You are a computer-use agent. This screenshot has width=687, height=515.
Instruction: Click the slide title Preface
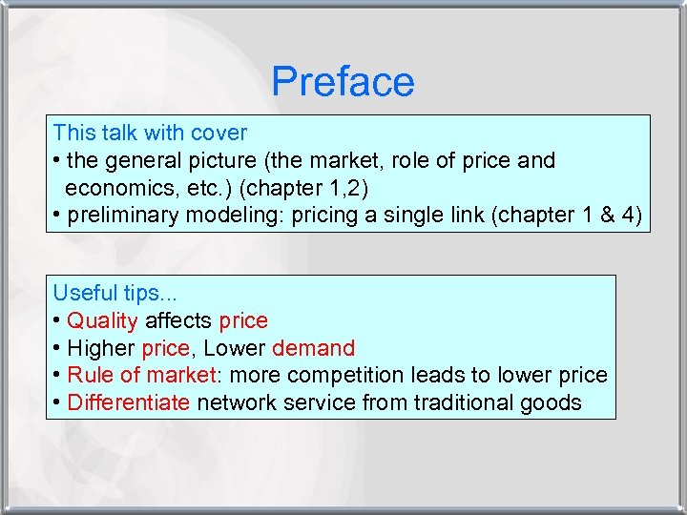(343, 82)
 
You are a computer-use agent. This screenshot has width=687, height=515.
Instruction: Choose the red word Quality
(102, 320)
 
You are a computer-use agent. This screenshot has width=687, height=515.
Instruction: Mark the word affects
(178, 320)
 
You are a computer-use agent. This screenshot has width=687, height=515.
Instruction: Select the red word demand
(313, 348)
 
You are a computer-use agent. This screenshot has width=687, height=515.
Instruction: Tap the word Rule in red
(88, 375)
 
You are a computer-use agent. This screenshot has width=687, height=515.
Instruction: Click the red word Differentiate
(129, 402)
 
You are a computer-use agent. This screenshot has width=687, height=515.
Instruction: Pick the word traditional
(467, 402)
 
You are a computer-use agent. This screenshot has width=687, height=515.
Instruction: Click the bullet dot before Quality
(57, 320)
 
